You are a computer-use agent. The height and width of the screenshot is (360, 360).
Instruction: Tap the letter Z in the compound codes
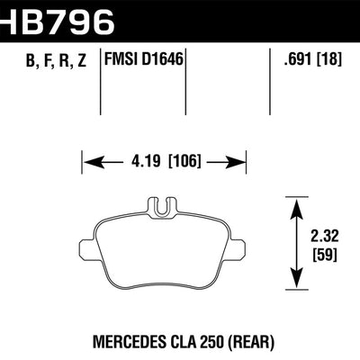[x=87, y=63]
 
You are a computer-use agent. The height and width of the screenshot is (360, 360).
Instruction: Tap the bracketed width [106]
[x=184, y=164]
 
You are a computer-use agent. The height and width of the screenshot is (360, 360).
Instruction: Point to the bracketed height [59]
[x=314, y=257]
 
